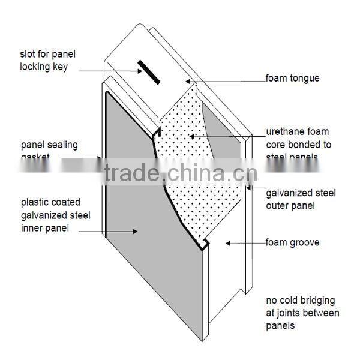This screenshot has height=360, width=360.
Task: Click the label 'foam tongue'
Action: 292,77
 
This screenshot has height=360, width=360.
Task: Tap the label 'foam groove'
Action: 292,243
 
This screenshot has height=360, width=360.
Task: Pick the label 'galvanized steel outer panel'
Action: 301,199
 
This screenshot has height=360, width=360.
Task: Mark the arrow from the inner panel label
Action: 113,229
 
